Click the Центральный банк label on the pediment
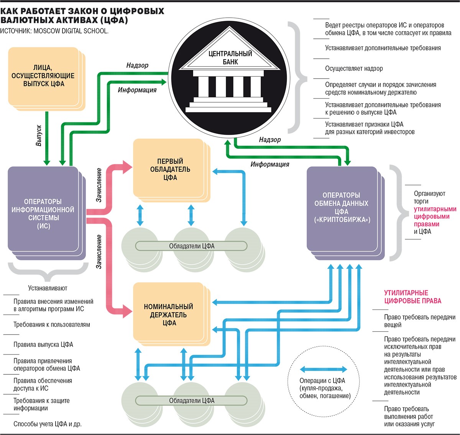[230, 58]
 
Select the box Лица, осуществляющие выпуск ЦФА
[43, 76]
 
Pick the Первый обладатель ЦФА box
[170, 169]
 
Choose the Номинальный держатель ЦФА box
[169, 315]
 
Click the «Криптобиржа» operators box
[341, 208]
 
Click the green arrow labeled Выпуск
[47, 138]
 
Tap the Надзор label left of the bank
[137, 66]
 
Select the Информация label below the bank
[270, 164]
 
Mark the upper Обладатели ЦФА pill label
[192, 246]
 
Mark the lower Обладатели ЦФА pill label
[192, 400]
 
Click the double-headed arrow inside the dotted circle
[323, 369]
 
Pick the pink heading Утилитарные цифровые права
[412, 297]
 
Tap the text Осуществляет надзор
[354, 69]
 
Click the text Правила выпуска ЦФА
[43, 344]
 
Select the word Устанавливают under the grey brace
[48, 288]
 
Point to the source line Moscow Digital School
[54, 31]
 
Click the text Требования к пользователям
[52, 325]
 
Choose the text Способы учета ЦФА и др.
[48, 424]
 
